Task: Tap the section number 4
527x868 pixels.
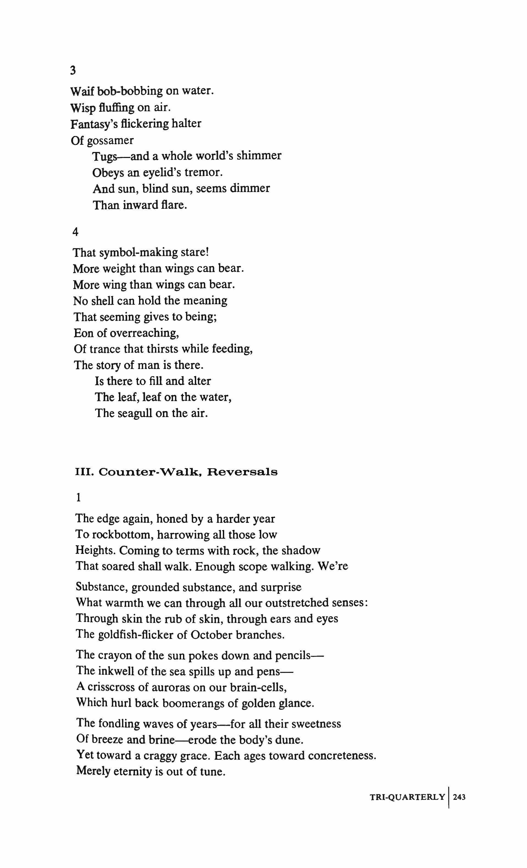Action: [x=75, y=232]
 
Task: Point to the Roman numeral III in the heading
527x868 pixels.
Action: [x=84, y=472]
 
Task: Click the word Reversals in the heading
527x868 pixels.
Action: [x=242, y=472]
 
